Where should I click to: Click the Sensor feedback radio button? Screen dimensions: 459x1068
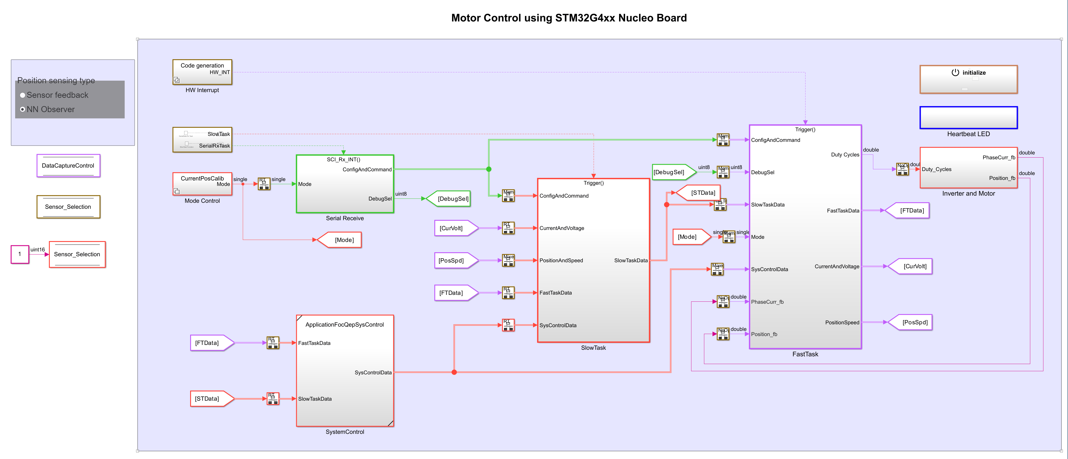[23, 95]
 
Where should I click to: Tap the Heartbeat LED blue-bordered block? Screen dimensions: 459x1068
[968, 118]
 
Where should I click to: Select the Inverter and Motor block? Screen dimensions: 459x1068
[968, 168]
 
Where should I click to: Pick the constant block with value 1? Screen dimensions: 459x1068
[19, 254]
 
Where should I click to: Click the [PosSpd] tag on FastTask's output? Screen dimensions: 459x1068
[912, 323]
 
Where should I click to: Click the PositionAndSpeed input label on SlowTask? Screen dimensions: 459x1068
[561, 261]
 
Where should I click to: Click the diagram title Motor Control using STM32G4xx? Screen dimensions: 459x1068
[568, 18]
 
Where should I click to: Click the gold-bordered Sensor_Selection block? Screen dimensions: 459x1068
[68, 207]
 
